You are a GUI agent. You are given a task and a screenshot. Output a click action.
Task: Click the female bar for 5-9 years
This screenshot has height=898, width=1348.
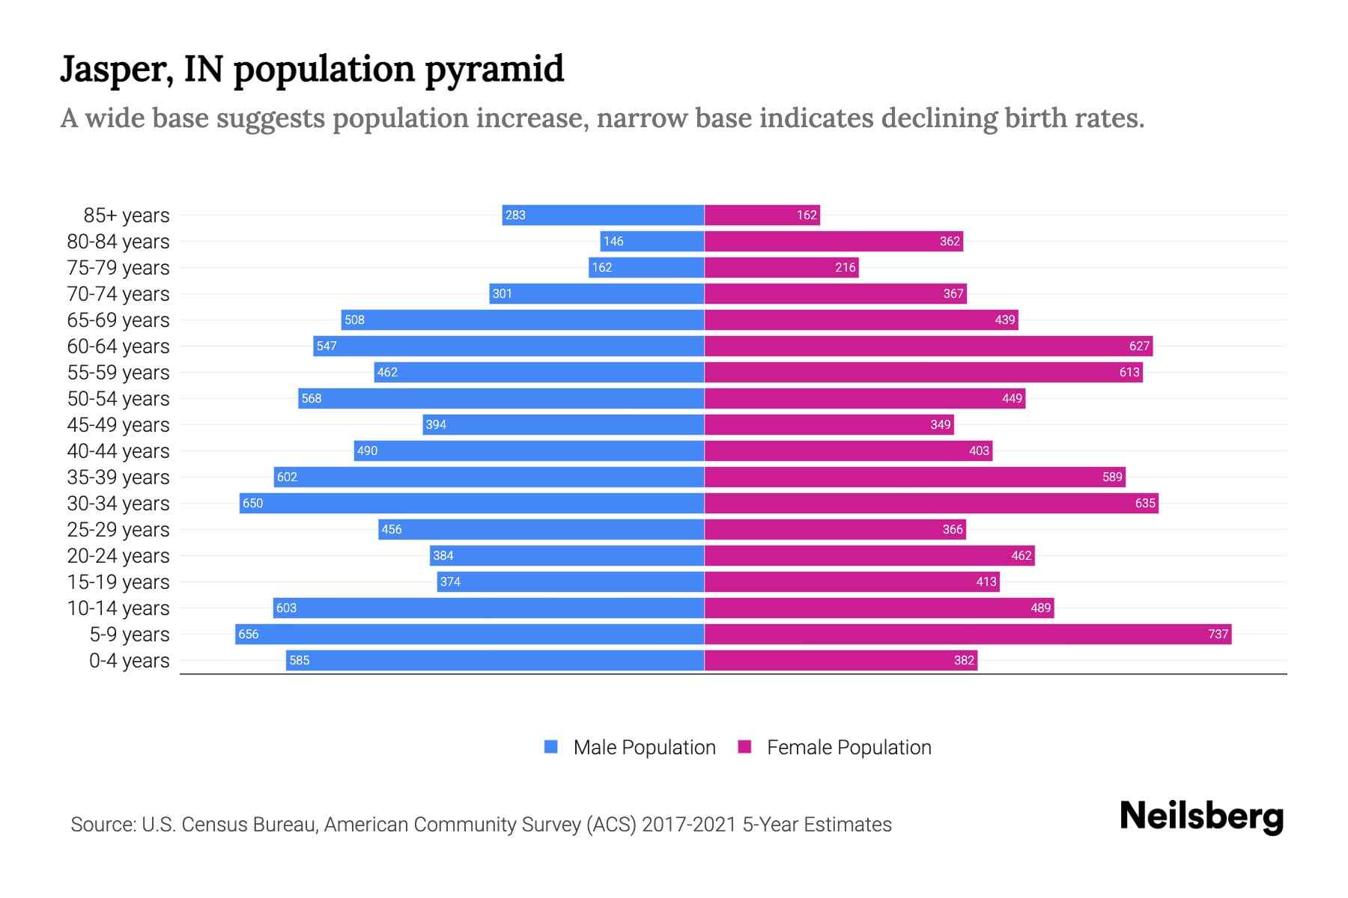(968, 634)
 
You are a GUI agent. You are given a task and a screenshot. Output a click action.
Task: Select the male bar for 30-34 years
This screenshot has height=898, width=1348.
(472, 503)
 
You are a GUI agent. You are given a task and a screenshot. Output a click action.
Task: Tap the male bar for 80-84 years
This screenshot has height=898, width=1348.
(652, 241)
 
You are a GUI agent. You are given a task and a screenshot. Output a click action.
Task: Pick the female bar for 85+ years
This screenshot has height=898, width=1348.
(762, 215)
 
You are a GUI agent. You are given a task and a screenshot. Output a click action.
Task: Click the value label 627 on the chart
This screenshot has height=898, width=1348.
(1139, 346)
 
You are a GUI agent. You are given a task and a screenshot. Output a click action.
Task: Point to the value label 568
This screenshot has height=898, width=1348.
(311, 398)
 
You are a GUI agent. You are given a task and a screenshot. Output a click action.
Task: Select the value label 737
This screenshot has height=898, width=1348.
(1218, 634)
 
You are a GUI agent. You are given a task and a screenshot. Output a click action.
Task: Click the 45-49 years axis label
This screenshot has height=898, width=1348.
(118, 425)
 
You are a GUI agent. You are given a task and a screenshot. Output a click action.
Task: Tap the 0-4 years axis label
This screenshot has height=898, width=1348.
(129, 661)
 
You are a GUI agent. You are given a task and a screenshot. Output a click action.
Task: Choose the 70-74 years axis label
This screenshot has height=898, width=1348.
(118, 294)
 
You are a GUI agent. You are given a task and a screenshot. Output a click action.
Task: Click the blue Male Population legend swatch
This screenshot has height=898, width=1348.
(551, 747)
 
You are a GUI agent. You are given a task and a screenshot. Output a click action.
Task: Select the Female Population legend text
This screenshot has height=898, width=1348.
(848, 747)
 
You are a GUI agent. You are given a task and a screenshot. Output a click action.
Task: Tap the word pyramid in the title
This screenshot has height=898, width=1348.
(494, 69)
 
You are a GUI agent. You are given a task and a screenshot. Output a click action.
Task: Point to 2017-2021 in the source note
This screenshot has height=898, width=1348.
(689, 825)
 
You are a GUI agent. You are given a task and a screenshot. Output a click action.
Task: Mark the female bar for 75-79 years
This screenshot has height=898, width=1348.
(781, 267)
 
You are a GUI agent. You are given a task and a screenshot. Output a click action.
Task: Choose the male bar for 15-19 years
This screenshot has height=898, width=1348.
(571, 581)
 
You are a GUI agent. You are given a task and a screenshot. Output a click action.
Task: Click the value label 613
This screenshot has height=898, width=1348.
(1129, 372)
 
